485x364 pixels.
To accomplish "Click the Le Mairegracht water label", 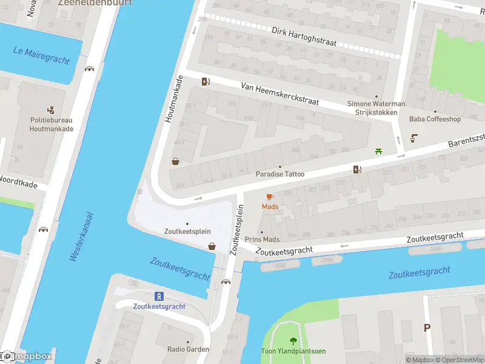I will [x=41, y=55].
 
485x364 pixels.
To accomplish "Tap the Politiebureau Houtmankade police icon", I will [x=52, y=110].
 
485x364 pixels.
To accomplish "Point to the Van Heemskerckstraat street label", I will [x=279, y=95].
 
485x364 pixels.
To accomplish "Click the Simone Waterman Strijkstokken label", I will [x=376, y=108].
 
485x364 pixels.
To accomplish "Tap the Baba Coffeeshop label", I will [x=435, y=119].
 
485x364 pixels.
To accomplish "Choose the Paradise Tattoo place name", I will [x=279, y=174].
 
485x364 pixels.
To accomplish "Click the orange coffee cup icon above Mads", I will [x=270, y=197].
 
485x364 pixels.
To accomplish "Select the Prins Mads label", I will [x=262, y=240].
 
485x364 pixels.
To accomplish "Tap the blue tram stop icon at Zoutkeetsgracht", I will [x=159, y=296].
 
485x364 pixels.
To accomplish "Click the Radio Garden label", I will [x=188, y=349].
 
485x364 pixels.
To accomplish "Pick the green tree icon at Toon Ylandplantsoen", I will [x=294, y=341].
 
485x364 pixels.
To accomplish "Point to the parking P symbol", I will [x=427, y=328].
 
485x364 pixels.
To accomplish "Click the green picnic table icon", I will [x=379, y=151].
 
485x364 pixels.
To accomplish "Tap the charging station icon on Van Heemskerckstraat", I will [x=206, y=82].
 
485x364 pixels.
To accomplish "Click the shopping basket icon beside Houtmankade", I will [x=175, y=161].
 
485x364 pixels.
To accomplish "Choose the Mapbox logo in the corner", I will [x=27, y=357].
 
